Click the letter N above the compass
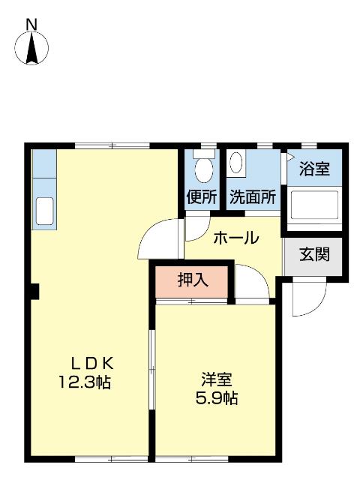(31, 24)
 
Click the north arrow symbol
(31, 49)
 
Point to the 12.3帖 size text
(85, 382)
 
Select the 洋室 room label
(214, 379)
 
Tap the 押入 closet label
(193, 281)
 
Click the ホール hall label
(235, 238)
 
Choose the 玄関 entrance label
(314, 254)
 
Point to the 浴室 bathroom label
(313, 169)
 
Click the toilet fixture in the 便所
(202, 167)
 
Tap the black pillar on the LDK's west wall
(34, 291)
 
